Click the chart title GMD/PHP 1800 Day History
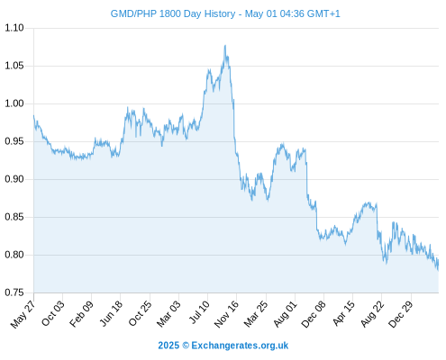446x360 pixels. click(x=173, y=13)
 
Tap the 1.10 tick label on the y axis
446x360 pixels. click(x=14, y=28)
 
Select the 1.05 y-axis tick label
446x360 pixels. click(x=14, y=66)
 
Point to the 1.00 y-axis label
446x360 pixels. click(x=14, y=103)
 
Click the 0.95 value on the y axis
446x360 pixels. click(x=14, y=141)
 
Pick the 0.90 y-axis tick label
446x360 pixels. click(x=14, y=179)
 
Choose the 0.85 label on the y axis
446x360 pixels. click(x=14, y=217)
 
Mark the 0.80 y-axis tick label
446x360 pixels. click(x=14, y=255)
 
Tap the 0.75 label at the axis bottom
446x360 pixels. click(x=14, y=292)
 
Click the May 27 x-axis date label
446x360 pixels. click(x=23, y=313)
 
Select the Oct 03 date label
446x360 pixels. click(x=52, y=313)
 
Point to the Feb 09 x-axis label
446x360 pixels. click(x=81, y=313)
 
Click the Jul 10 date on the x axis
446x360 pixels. click(x=199, y=312)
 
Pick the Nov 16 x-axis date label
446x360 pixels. click(x=226, y=314)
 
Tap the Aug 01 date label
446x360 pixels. click(x=285, y=314)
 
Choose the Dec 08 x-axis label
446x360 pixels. click(x=314, y=314)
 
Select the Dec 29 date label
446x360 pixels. click(x=400, y=314)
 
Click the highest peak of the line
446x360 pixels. click(x=225, y=46)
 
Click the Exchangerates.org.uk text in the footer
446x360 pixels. click(x=240, y=346)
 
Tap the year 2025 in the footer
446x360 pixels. click(x=168, y=346)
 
